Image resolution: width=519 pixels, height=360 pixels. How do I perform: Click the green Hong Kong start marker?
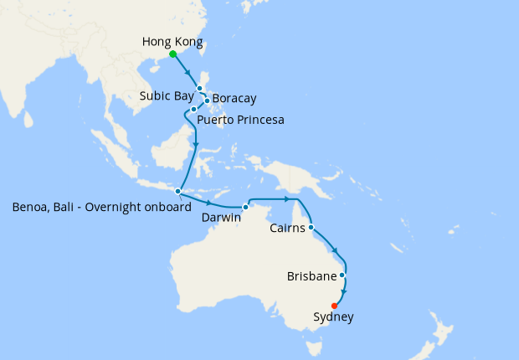173,54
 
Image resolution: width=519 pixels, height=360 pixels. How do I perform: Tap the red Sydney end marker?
335,306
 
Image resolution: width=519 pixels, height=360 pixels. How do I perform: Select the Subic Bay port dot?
199,88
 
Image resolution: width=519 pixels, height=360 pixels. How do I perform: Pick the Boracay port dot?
207,101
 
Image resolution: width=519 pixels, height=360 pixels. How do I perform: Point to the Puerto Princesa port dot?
193,109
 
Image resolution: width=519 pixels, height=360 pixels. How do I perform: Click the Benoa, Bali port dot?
178,191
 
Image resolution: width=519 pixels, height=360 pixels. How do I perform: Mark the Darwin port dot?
245,207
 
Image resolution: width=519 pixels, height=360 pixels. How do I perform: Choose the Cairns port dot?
311,227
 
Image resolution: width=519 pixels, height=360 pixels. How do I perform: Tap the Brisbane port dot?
342,275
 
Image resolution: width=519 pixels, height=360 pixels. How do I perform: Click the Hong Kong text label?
172,41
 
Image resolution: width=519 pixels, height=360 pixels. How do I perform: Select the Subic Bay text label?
167,95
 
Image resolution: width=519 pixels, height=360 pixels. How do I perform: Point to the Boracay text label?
234,98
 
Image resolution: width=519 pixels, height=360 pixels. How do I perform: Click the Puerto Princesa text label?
240,120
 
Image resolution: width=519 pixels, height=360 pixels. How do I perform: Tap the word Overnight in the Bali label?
117,207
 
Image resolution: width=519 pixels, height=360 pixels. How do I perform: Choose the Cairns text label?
287,228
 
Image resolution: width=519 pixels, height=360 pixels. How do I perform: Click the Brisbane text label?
311,275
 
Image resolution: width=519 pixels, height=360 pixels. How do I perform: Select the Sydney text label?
333,317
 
